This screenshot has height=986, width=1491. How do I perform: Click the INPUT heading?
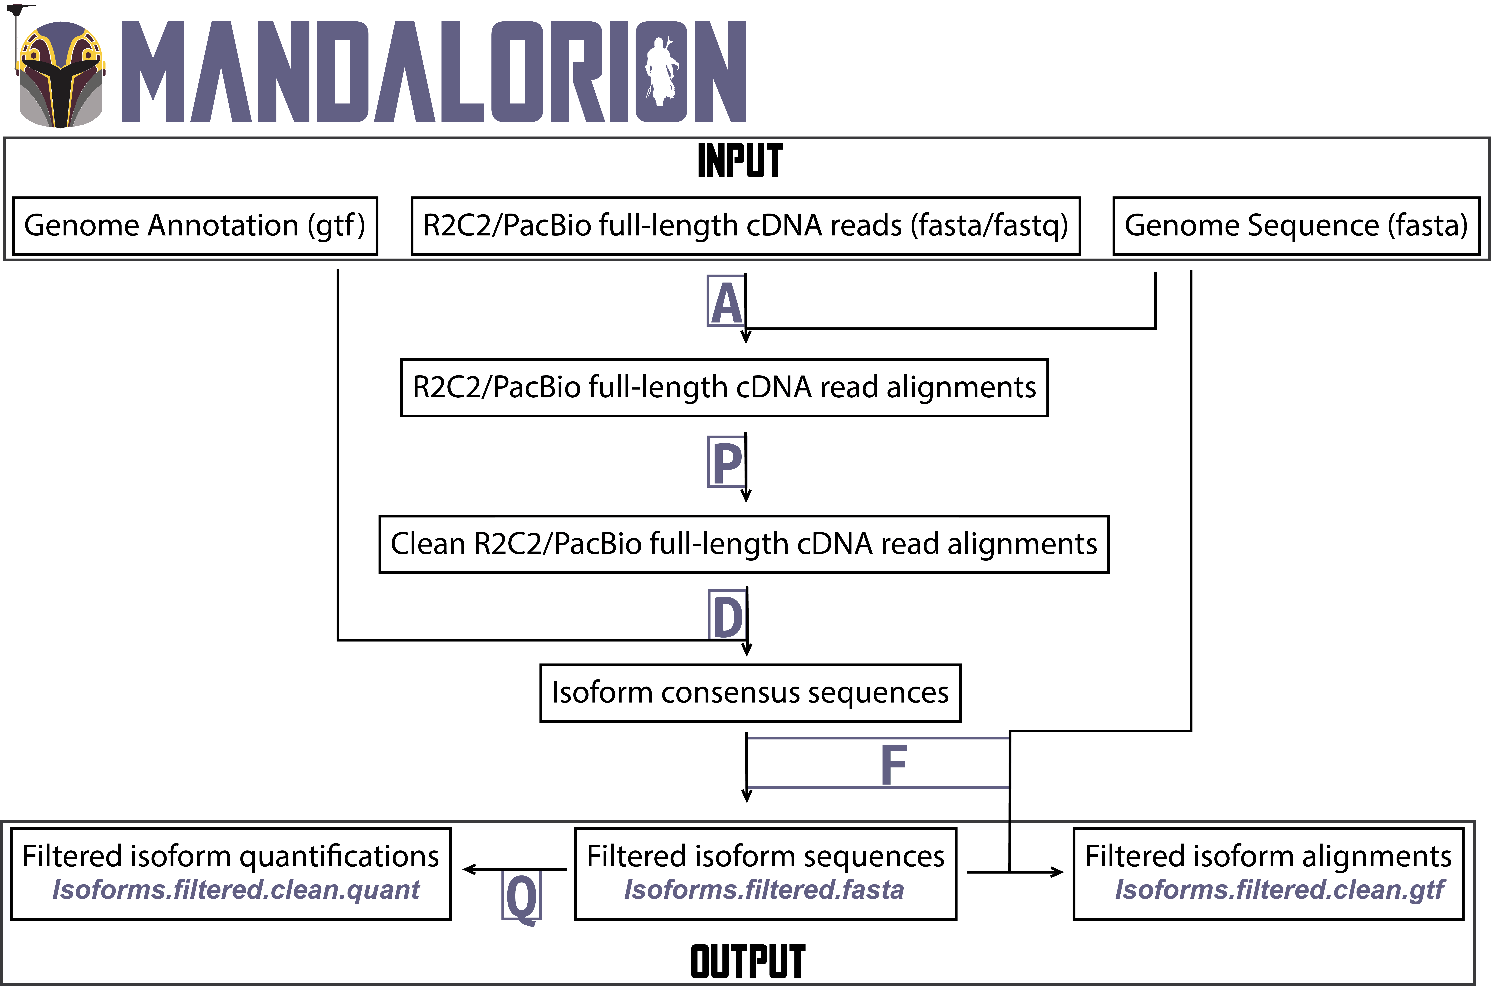coord(740,161)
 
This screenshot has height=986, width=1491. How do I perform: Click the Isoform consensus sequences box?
coord(750,693)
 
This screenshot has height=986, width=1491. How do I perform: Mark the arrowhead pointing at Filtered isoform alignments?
coord(1058,872)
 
